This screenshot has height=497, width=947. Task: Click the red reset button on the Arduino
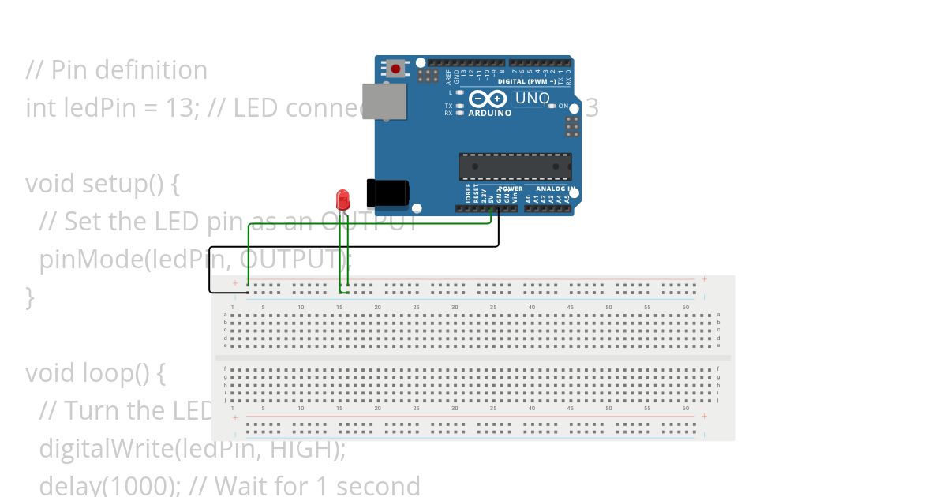[x=395, y=69]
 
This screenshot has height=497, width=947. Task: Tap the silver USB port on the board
[x=384, y=101]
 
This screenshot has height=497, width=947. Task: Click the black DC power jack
[x=387, y=194]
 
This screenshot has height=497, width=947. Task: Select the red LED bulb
[x=342, y=197]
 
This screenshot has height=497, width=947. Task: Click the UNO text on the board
[x=532, y=99]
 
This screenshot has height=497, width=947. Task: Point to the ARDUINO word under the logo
[x=489, y=113]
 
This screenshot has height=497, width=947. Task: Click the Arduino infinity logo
[x=488, y=99]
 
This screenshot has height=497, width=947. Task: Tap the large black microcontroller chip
[x=515, y=166]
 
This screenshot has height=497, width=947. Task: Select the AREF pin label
[x=448, y=77]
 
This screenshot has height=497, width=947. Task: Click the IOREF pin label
[x=468, y=195]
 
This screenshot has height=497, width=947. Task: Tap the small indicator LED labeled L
[x=459, y=92]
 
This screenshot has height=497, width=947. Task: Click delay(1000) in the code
[x=92, y=485]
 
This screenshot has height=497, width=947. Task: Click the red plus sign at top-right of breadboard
[x=705, y=279]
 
